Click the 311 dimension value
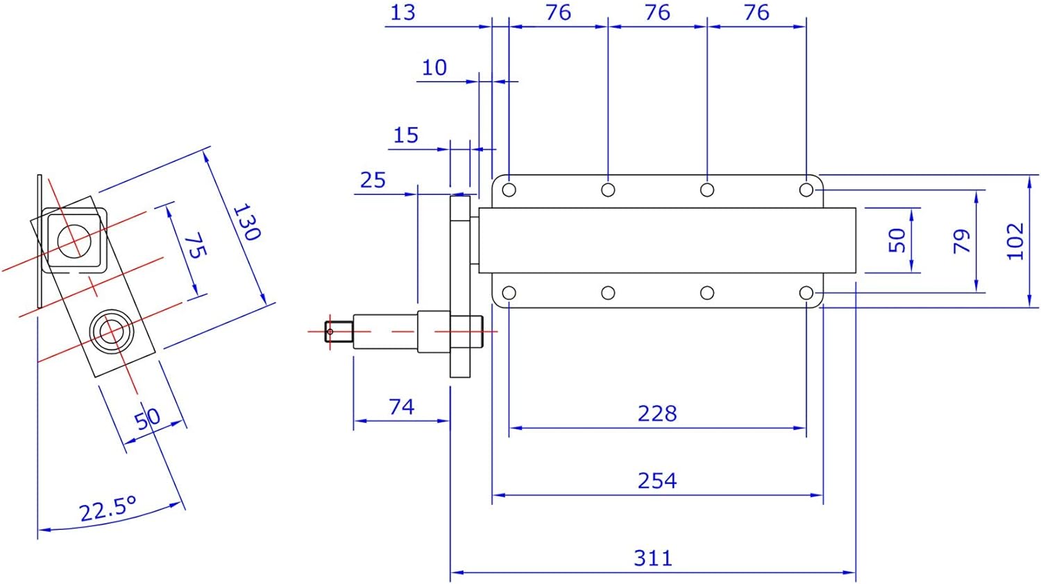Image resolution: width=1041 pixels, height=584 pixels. coord(653,558)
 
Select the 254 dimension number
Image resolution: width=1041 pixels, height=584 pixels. coord(657,481)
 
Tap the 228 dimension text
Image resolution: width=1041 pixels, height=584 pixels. coord(657,413)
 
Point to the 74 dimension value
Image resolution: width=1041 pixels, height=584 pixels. coord(402,407)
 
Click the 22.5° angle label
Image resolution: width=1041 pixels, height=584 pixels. coord(108,508)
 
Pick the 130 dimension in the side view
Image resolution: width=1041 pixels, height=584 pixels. coord(246,222)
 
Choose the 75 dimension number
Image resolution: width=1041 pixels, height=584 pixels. coord(196,246)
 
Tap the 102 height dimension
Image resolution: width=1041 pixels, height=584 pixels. coord(1015,241)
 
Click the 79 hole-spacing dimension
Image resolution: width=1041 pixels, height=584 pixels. coord(961,241)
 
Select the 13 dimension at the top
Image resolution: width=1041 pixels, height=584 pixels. coord(403,12)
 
